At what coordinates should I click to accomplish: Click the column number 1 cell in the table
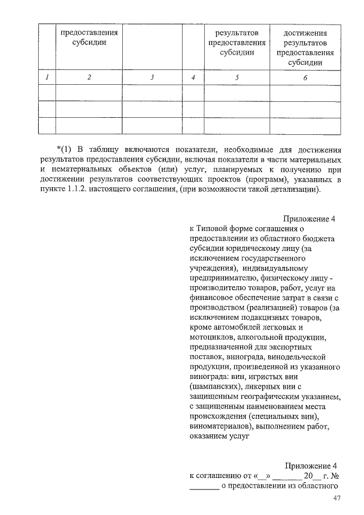tap(47, 77)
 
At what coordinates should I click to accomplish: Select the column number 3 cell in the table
tap(152, 77)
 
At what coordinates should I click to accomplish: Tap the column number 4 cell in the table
tap(194, 77)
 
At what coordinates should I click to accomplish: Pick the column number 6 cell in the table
tap(305, 78)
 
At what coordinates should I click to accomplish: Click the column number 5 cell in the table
tap(237, 77)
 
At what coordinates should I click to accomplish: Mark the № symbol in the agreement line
tap(334, 476)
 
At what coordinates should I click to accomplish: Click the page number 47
tap(336, 499)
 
